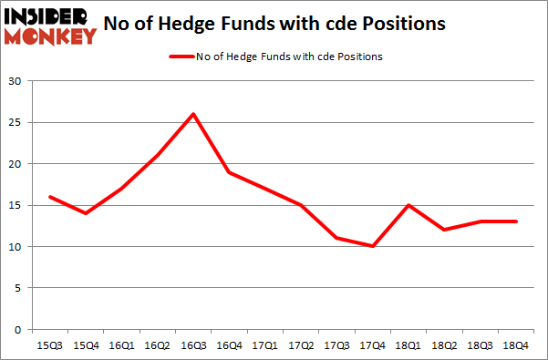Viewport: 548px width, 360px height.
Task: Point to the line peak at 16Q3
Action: [x=193, y=114]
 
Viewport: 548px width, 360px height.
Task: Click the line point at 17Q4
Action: [x=372, y=246]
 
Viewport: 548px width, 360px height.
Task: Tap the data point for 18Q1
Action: [x=408, y=205]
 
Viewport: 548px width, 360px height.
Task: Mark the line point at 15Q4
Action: [x=87, y=213]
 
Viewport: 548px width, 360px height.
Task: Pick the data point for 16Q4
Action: [x=229, y=172]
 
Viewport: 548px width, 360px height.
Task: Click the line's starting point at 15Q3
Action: [x=50, y=197]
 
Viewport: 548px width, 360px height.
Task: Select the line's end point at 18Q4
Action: [x=515, y=221]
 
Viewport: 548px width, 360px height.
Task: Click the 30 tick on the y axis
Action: [x=16, y=81]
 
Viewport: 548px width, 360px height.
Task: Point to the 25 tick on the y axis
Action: [x=16, y=123]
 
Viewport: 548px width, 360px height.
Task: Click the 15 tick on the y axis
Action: [x=16, y=205]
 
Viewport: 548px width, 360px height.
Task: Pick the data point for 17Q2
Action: [x=301, y=205]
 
